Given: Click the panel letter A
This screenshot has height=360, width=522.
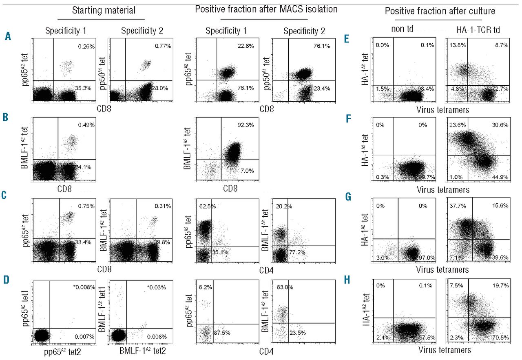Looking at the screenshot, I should click(x=8, y=37).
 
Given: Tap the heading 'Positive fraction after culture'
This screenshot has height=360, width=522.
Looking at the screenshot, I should click(x=440, y=11).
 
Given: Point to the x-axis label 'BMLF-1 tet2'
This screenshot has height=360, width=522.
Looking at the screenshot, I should click(x=141, y=349).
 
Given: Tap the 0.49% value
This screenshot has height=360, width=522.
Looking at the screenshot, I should click(x=86, y=125).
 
